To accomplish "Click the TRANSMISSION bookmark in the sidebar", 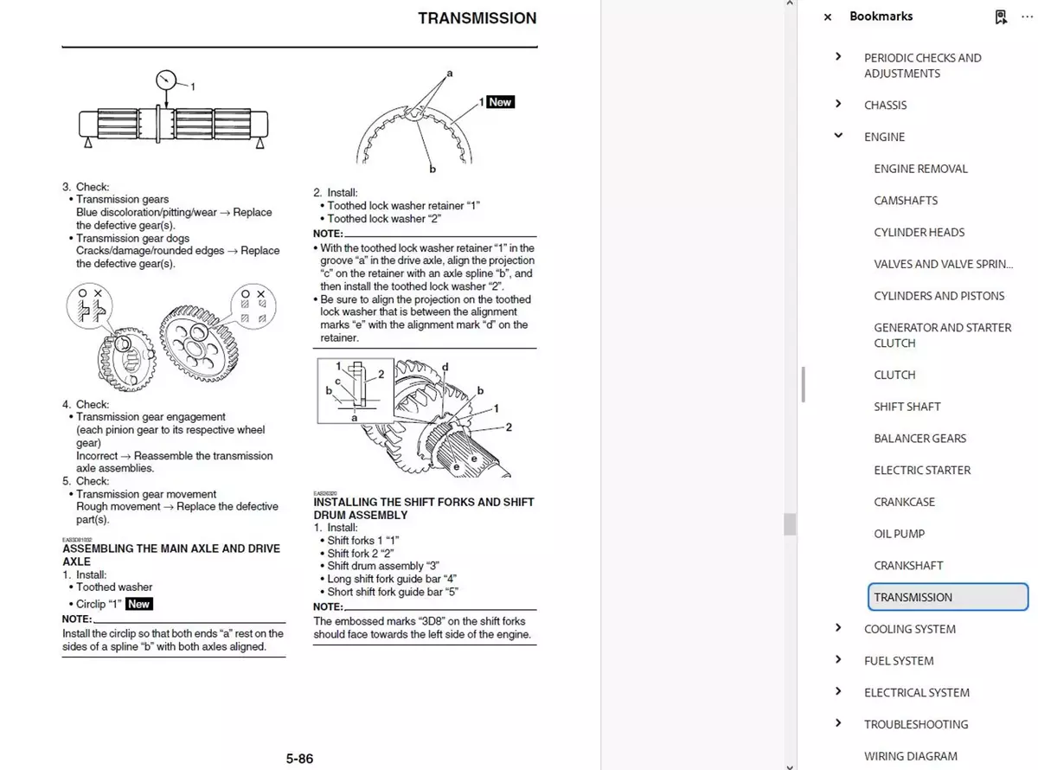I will (913, 597).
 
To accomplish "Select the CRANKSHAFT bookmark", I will (908, 565).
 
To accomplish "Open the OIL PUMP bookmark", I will (899, 534).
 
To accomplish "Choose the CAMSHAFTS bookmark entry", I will (906, 200).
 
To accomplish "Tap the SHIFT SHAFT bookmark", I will (907, 407).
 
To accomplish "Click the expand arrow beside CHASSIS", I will (838, 104).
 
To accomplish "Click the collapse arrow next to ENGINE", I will (838, 136).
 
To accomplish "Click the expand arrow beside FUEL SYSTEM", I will (838, 660).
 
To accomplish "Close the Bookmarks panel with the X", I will (828, 16).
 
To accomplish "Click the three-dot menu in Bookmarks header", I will (1027, 16).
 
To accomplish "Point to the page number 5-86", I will (299, 759).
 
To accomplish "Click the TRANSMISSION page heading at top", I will (477, 18).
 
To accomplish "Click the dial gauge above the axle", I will (166, 80).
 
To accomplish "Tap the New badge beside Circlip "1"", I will (138, 604).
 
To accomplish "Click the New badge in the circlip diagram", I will (500, 102).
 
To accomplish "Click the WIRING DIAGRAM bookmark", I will (910, 756).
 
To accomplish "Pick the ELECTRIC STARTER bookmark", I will (922, 470).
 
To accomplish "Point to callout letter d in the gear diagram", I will (445, 368).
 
